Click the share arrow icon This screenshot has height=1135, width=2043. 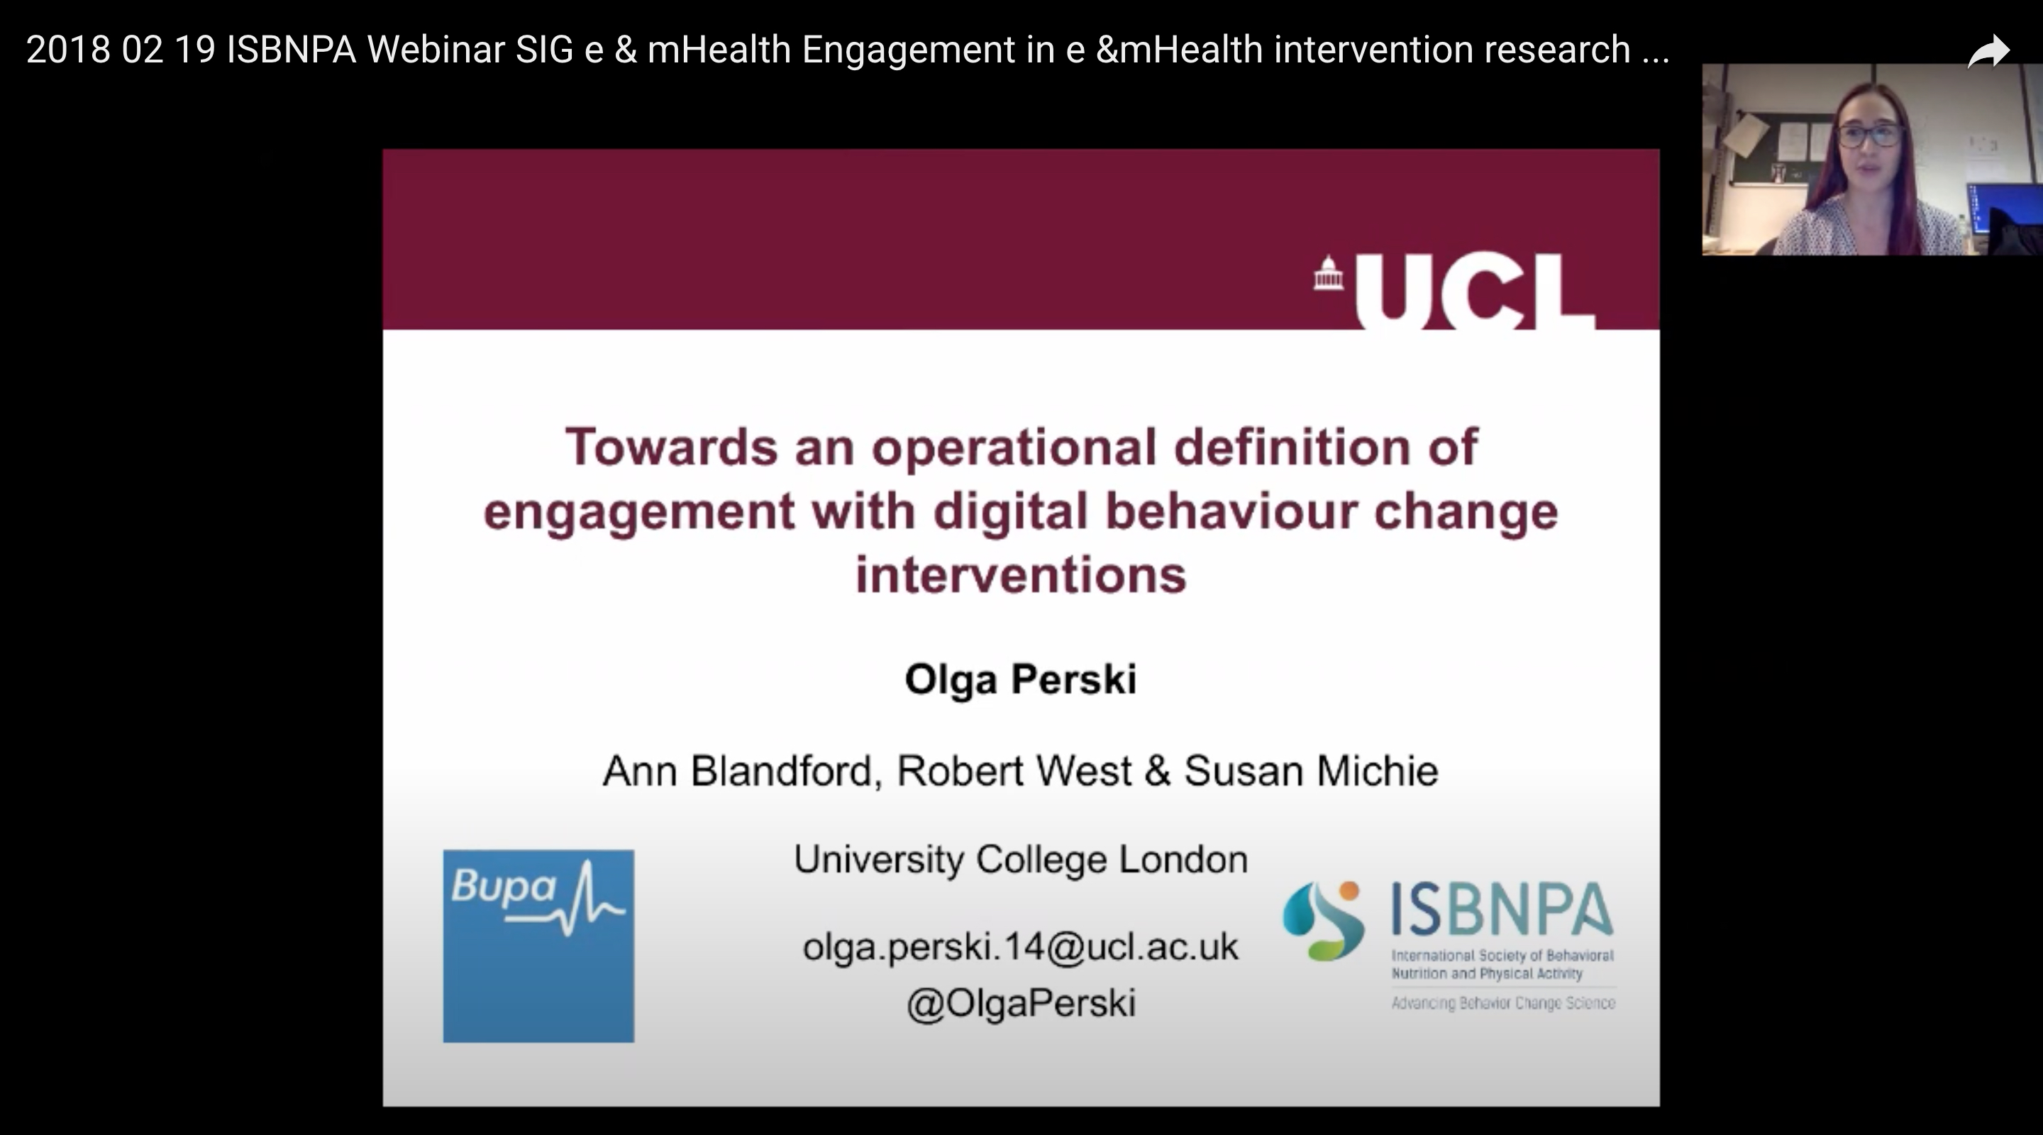coord(1989,52)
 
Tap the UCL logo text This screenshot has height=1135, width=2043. coord(1474,290)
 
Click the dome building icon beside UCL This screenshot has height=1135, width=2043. coord(1329,274)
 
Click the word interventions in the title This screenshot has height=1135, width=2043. coord(1021,575)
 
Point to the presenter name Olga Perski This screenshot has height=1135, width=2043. coord(1021,680)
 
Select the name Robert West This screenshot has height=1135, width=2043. coord(1014,771)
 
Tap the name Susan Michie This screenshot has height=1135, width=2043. coord(1311,771)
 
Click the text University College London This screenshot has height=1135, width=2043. coord(1021,860)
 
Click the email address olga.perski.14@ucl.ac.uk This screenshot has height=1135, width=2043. coord(1021,947)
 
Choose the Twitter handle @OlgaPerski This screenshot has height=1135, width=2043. coord(1021,1003)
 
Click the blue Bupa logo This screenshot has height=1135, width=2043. coord(538,946)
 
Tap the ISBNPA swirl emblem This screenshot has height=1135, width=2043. coord(1324,921)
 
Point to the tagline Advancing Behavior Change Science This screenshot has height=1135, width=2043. coord(1503,1003)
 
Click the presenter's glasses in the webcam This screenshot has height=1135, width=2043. coord(1869,135)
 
